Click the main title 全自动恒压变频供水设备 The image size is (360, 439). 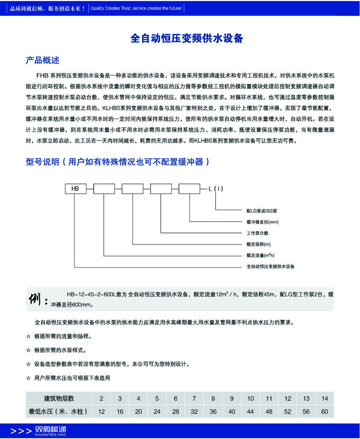(187, 38)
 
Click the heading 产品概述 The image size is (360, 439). (43, 60)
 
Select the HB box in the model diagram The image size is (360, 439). (75, 189)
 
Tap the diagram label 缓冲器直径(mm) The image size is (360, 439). (262, 222)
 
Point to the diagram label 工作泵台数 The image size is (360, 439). (257, 233)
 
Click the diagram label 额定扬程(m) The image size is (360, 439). (258, 244)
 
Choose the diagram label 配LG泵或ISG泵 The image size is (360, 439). (262, 211)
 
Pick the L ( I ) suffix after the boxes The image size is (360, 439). (216, 189)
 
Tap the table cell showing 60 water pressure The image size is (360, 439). (324, 412)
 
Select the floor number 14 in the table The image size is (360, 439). (324, 398)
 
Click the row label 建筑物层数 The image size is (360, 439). (58, 398)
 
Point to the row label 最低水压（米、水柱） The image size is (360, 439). (58, 412)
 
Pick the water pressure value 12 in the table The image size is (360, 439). (101, 412)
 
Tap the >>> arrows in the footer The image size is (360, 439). (21, 431)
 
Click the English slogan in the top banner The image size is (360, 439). (135, 8)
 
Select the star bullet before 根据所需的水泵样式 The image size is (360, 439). (28, 350)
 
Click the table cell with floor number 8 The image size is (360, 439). (213, 398)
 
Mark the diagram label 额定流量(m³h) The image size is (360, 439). (260, 256)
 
